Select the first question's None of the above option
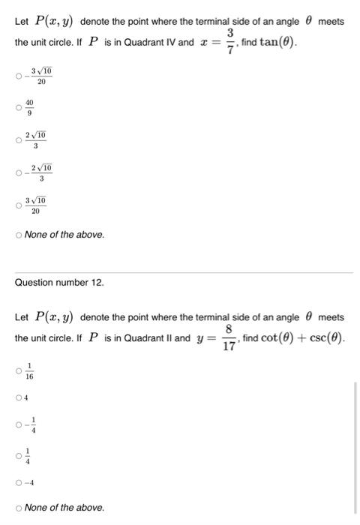pyautogui.click(x=19, y=235)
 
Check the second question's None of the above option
pyautogui.click(x=19, y=508)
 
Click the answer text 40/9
pyautogui.click(x=29, y=106)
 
